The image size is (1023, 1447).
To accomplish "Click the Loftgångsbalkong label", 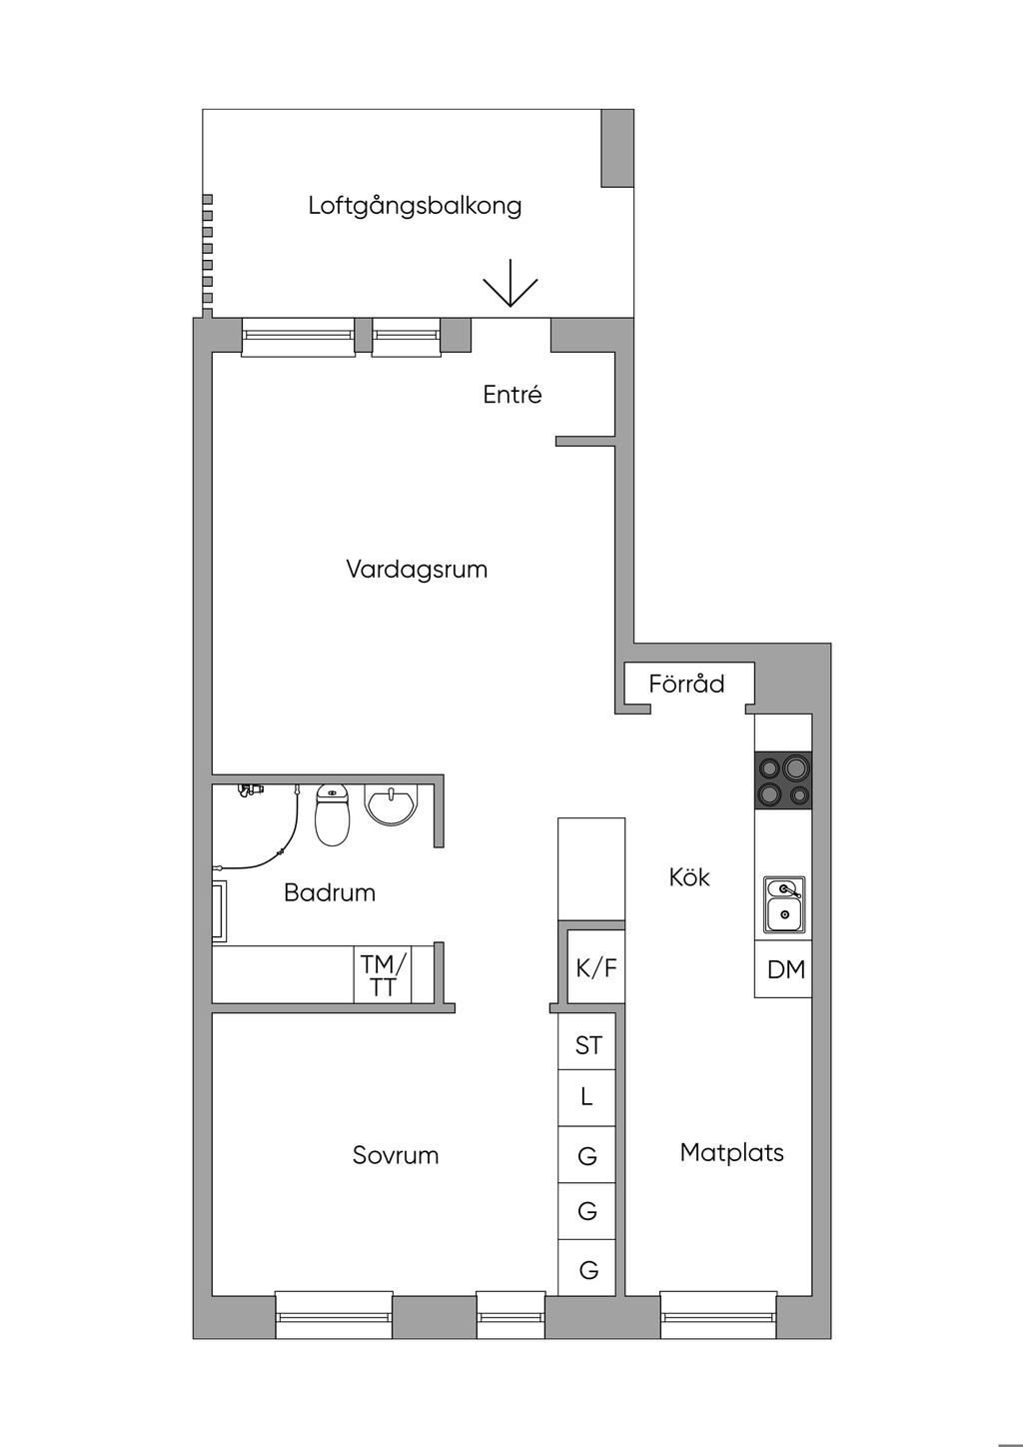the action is coord(415,207).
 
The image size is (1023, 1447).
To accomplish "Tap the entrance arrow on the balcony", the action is coord(511,283).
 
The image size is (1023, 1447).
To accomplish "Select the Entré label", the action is coord(512,394).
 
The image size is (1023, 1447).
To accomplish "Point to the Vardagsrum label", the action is coord(417,570).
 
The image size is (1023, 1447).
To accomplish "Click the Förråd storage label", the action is coord(686,684).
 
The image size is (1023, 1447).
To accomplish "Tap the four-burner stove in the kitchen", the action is coord(783,780).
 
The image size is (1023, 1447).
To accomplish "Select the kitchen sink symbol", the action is coord(784,905).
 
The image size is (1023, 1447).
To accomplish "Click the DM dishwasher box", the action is coord(783,968).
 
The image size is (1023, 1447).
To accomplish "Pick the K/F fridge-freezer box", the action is coord(595,966).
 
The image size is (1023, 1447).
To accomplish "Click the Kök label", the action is coord(689,877).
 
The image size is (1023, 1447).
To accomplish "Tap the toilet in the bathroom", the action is coord(332,815).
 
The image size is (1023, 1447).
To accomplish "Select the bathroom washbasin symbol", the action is coord(392,804).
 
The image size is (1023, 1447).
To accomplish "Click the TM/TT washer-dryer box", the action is coord(383,974).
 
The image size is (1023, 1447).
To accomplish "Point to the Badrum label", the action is coord(330,892).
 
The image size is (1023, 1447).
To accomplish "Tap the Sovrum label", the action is coord(396,1155).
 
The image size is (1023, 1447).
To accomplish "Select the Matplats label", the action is coord(731,1152).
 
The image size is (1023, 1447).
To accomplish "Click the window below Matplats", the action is coord(718,1314).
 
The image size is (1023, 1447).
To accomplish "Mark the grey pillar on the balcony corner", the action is coord(617,149).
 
